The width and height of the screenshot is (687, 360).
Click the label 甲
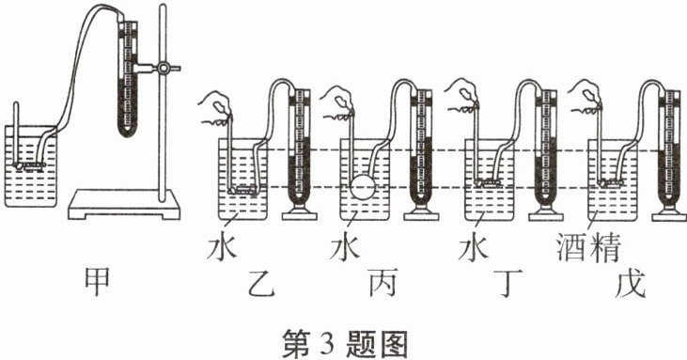[x=97, y=283]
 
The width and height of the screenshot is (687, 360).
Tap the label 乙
[x=261, y=283]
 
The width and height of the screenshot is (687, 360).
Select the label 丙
[x=383, y=283]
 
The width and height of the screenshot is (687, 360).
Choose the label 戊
[x=631, y=283]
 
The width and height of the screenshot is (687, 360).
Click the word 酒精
[x=589, y=248]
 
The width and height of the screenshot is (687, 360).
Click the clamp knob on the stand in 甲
[x=164, y=68]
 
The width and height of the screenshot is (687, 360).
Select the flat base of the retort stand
[x=124, y=205]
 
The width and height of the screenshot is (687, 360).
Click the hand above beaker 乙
[x=214, y=109]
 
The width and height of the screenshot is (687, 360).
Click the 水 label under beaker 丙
[x=345, y=249]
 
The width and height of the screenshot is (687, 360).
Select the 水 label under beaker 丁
[x=474, y=249]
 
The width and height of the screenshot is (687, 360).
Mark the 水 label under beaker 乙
[x=222, y=249]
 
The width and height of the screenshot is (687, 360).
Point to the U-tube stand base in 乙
[x=299, y=212]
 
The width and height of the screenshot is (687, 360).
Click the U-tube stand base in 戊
[x=669, y=212]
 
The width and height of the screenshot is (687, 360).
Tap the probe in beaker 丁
[x=487, y=182]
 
